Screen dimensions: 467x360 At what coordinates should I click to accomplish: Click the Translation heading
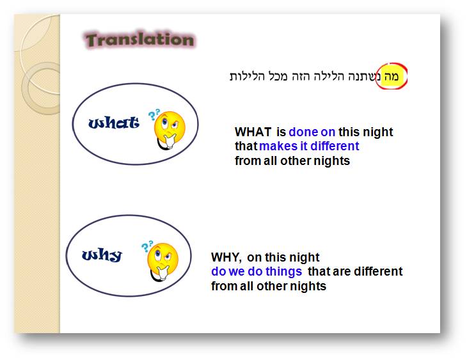(x=140, y=40)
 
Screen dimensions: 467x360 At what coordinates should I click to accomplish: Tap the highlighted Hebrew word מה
(x=391, y=77)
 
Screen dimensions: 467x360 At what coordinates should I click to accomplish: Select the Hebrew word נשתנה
(x=364, y=77)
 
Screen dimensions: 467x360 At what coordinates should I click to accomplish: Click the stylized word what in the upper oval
(x=114, y=122)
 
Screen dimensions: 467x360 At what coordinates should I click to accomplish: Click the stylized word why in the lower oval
(x=102, y=255)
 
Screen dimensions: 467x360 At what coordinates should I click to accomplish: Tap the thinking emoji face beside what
(x=169, y=130)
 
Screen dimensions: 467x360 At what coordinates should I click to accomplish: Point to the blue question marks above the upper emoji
(x=154, y=114)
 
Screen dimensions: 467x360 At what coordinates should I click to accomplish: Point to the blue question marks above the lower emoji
(x=147, y=246)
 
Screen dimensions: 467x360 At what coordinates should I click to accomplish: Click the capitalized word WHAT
(x=253, y=132)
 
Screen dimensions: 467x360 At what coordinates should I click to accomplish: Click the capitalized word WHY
(x=226, y=257)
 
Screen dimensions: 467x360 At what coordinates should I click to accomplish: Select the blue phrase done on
(x=312, y=132)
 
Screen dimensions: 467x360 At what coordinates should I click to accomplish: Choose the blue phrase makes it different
(x=309, y=146)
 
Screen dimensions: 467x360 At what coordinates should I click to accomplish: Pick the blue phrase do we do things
(x=257, y=272)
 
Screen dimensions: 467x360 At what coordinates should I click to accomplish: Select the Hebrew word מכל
(x=278, y=77)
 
